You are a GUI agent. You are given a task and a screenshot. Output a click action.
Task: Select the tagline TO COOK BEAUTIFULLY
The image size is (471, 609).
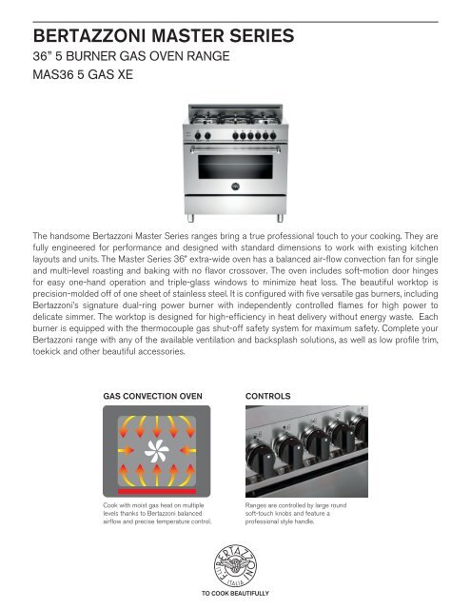click(235, 594)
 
